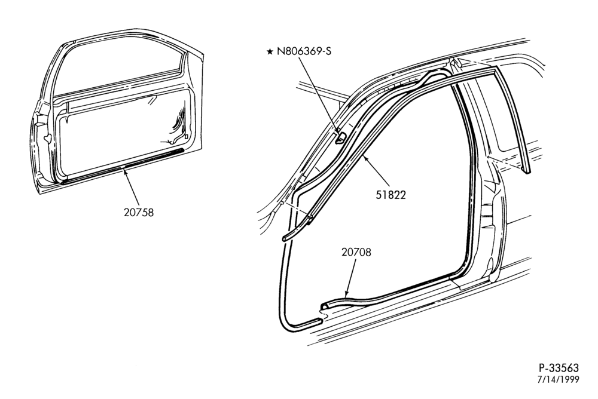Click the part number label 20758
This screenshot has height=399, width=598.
(x=139, y=212)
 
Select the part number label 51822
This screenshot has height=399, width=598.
(x=391, y=195)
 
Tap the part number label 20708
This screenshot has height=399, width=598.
(x=356, y=252)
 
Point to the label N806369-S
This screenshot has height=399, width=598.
(x=304, y=51)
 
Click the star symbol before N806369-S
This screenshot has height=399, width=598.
(x=270, y=51)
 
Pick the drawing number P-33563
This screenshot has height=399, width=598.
(x=559, y=368)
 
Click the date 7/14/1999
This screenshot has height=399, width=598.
(x=559, y=379)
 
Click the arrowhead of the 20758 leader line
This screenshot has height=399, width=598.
(x=124, y=173)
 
